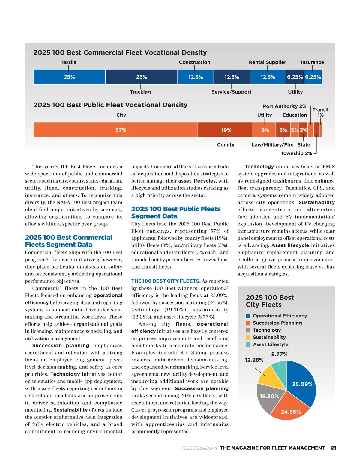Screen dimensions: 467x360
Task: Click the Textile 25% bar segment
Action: tap(69, 77)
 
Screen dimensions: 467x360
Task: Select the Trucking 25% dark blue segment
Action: tap(141, 77)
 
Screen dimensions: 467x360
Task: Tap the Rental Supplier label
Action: tap(267, 62)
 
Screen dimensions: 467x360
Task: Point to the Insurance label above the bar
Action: tap(312, 62)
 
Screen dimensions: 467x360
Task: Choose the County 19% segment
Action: tap(226, 130)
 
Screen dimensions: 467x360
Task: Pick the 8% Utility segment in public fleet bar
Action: tap(265, 130)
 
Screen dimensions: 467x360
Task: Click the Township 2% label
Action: tap(296, 153)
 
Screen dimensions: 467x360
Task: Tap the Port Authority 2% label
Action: tap(284, 106)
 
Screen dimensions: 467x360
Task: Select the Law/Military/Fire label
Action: tap(272, 145)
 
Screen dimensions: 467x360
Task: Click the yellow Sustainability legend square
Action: tap(248, 338)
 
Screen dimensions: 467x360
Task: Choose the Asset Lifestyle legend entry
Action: tap(270, 344)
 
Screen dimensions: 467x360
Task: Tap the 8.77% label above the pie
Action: tap(279, 354)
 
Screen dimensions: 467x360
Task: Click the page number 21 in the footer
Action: tap(333, 448)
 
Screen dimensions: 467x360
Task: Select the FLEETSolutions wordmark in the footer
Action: tap(199, 448)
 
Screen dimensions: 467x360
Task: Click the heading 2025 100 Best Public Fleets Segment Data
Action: tap(176, 213)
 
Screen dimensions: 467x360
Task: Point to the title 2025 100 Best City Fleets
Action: tap(269, 301)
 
